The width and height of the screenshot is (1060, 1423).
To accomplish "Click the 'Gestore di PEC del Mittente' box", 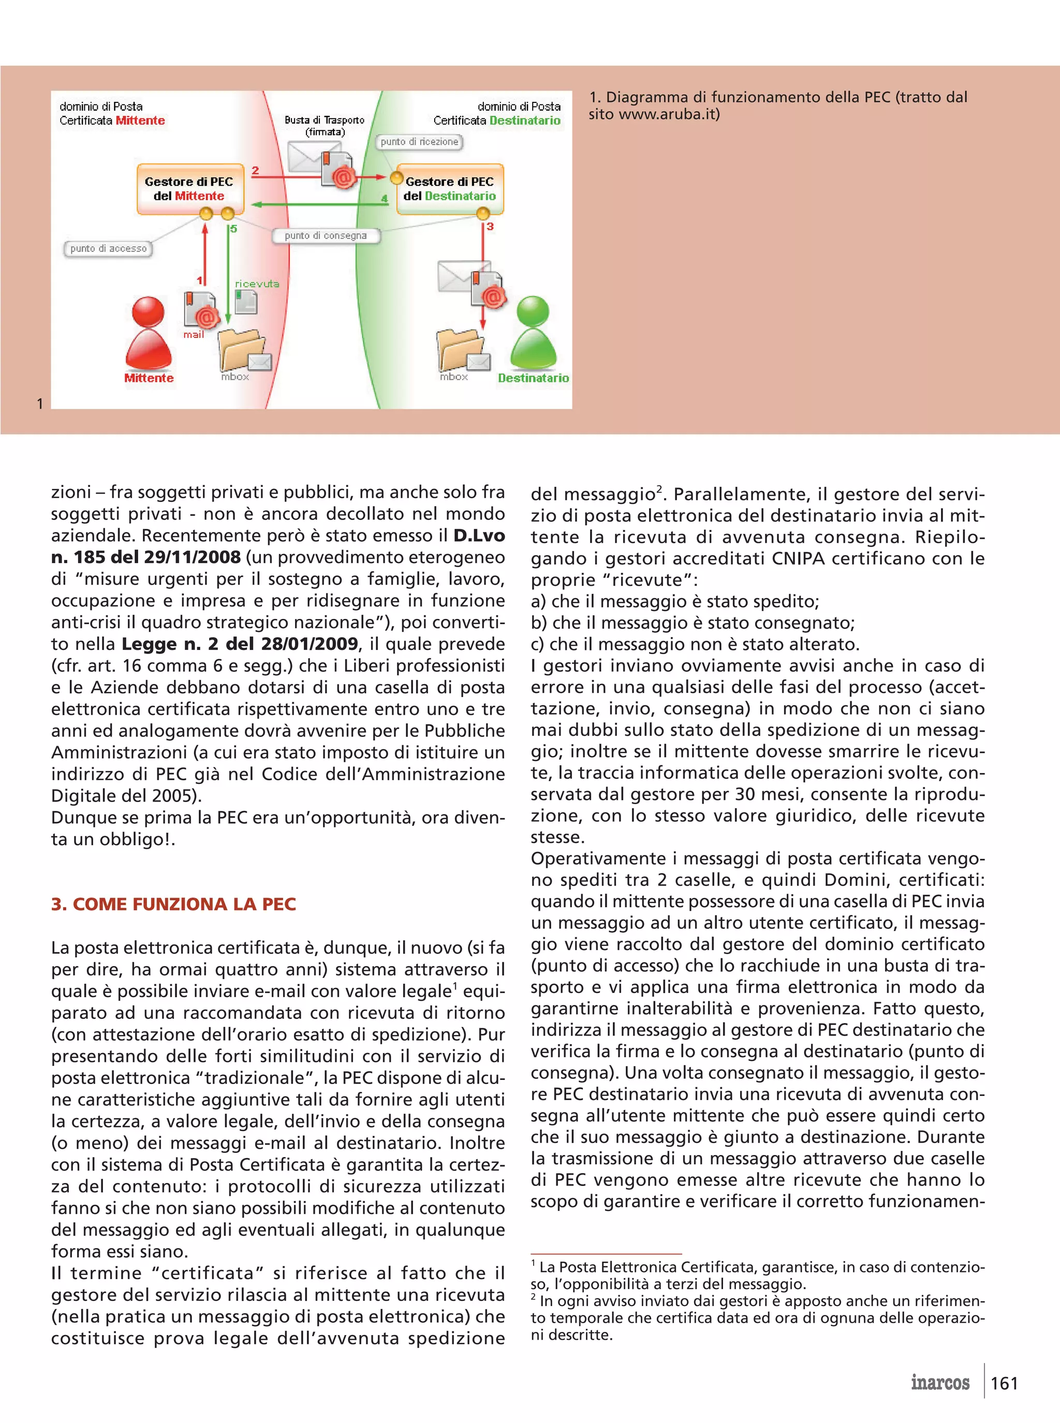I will click(189, 189).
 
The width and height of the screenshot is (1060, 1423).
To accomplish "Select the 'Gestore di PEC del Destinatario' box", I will click(449, 189).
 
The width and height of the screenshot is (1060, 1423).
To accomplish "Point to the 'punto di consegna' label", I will click(326, 235).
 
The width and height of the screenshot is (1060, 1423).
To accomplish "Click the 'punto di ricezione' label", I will click(419, 142).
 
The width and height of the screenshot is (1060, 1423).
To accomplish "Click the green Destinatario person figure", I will click(533, 334).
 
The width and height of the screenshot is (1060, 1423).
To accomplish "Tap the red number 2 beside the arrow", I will click(255, 171).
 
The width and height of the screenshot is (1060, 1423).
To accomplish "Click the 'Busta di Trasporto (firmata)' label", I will click(325, 126).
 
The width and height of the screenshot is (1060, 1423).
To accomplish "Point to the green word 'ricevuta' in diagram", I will click(257, 284).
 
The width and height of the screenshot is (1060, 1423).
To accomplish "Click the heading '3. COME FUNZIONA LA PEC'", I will click(173, 904).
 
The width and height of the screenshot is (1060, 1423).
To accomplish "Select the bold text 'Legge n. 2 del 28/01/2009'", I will click(239, 644).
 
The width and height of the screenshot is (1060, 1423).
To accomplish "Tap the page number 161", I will click(1004, 1383).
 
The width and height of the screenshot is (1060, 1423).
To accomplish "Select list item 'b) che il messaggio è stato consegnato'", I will click(693, 622).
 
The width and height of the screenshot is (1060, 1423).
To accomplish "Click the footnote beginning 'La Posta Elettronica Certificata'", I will click(757, 1275).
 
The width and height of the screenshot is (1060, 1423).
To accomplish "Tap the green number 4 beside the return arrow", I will click(385, 198).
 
